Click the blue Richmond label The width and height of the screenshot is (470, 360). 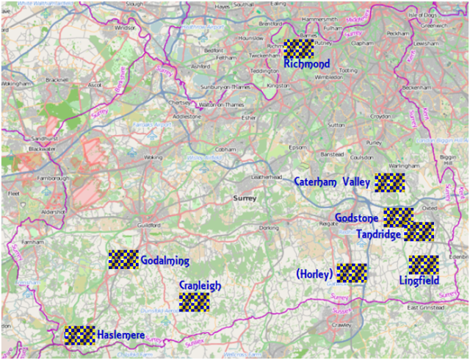(306, 65)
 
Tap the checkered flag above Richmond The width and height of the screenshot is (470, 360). (300, 48)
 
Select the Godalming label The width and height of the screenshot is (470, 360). (164, 261)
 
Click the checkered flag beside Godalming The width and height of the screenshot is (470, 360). (123, 259)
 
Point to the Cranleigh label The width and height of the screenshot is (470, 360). (200, 286)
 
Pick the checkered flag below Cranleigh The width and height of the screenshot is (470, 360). (194, 302)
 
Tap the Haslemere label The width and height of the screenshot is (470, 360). (121, 335)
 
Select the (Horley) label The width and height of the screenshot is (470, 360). (315, 274)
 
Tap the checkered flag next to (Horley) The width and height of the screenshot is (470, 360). (352, 273)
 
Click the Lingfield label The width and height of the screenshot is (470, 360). (419, 281)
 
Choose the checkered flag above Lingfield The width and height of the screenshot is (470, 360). (424, 264)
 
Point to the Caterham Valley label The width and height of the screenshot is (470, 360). (331, 182)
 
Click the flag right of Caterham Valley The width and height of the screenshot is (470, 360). (389, 182)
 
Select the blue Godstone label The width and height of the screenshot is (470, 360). (357, 218)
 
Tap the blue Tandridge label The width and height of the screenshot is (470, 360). (379, 235)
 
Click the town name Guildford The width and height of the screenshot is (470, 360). (148, 225)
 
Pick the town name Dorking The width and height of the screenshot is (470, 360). (270, 228)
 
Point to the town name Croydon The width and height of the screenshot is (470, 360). (380, 116)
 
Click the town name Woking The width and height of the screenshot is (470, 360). (153, 157)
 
